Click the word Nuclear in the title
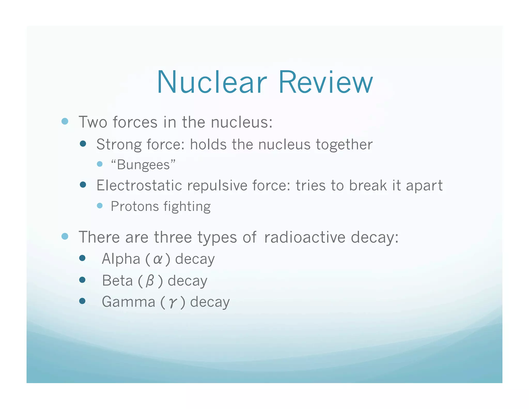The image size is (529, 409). point(212,82)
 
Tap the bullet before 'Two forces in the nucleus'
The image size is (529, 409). point(65,121)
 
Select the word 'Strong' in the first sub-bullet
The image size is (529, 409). point(119,144)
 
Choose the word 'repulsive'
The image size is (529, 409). point(217,185)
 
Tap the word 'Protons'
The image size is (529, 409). point(135,206)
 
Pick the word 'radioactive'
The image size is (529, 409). point(305,237)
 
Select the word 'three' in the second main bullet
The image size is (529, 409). point(173,237)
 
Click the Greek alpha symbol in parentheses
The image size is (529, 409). point(158,259)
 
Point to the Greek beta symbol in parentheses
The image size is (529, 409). point(150,281)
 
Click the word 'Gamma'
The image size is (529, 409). point(128,302)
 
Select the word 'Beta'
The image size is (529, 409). point(117,281)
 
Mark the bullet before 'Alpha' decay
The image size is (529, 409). point(82,258)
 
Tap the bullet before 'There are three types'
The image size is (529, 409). point(65,236)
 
